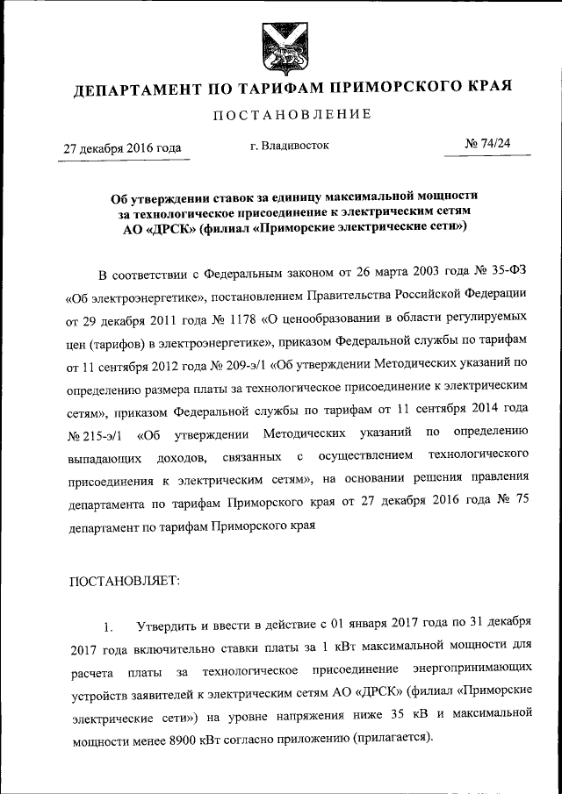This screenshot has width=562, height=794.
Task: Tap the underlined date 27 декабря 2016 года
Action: tap(122, 148)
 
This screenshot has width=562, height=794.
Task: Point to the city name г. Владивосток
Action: tap(289, 146)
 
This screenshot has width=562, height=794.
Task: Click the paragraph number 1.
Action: tap(108, 627)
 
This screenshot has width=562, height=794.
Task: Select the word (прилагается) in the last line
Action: tap(392, 739)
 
